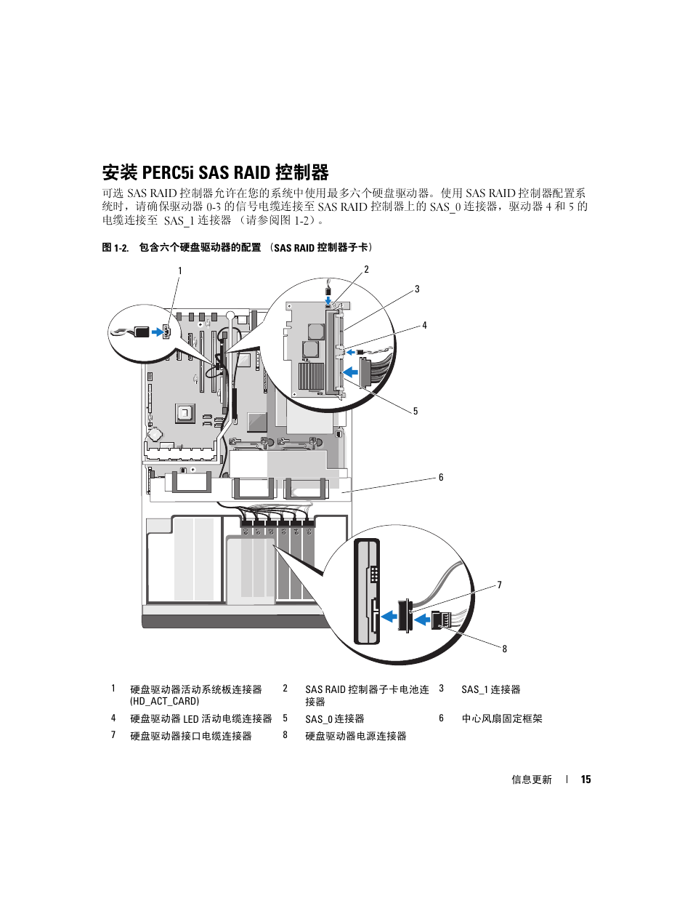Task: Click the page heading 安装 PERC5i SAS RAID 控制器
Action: (x=215, y=172)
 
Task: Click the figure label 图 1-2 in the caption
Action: (x=115, y=248)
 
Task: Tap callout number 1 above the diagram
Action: (x=180, y=271)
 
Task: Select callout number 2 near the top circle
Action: (x=366, y=270)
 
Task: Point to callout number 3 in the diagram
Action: (x=417, y=289)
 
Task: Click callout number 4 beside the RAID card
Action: (x=424, y=326)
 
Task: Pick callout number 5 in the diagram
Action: (x=416, y=412)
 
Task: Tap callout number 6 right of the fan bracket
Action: (x=441, y=478)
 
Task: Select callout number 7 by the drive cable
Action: (x=499, y=585)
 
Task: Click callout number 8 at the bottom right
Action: (x=504, y=649)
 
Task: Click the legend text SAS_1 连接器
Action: (x=491, y=689)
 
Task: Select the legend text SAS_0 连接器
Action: (x=335, y=718)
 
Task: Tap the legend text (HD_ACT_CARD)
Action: (x=164, y=701)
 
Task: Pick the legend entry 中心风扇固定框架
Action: (x=502, y=718)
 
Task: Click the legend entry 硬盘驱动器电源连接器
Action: (x=356, y=736)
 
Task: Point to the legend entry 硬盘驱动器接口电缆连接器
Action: (x=191, y=736)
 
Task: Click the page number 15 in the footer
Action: (x=585, y=779)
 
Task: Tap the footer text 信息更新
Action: (x=532, y=779)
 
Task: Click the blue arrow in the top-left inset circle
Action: (x=156, y=332)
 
